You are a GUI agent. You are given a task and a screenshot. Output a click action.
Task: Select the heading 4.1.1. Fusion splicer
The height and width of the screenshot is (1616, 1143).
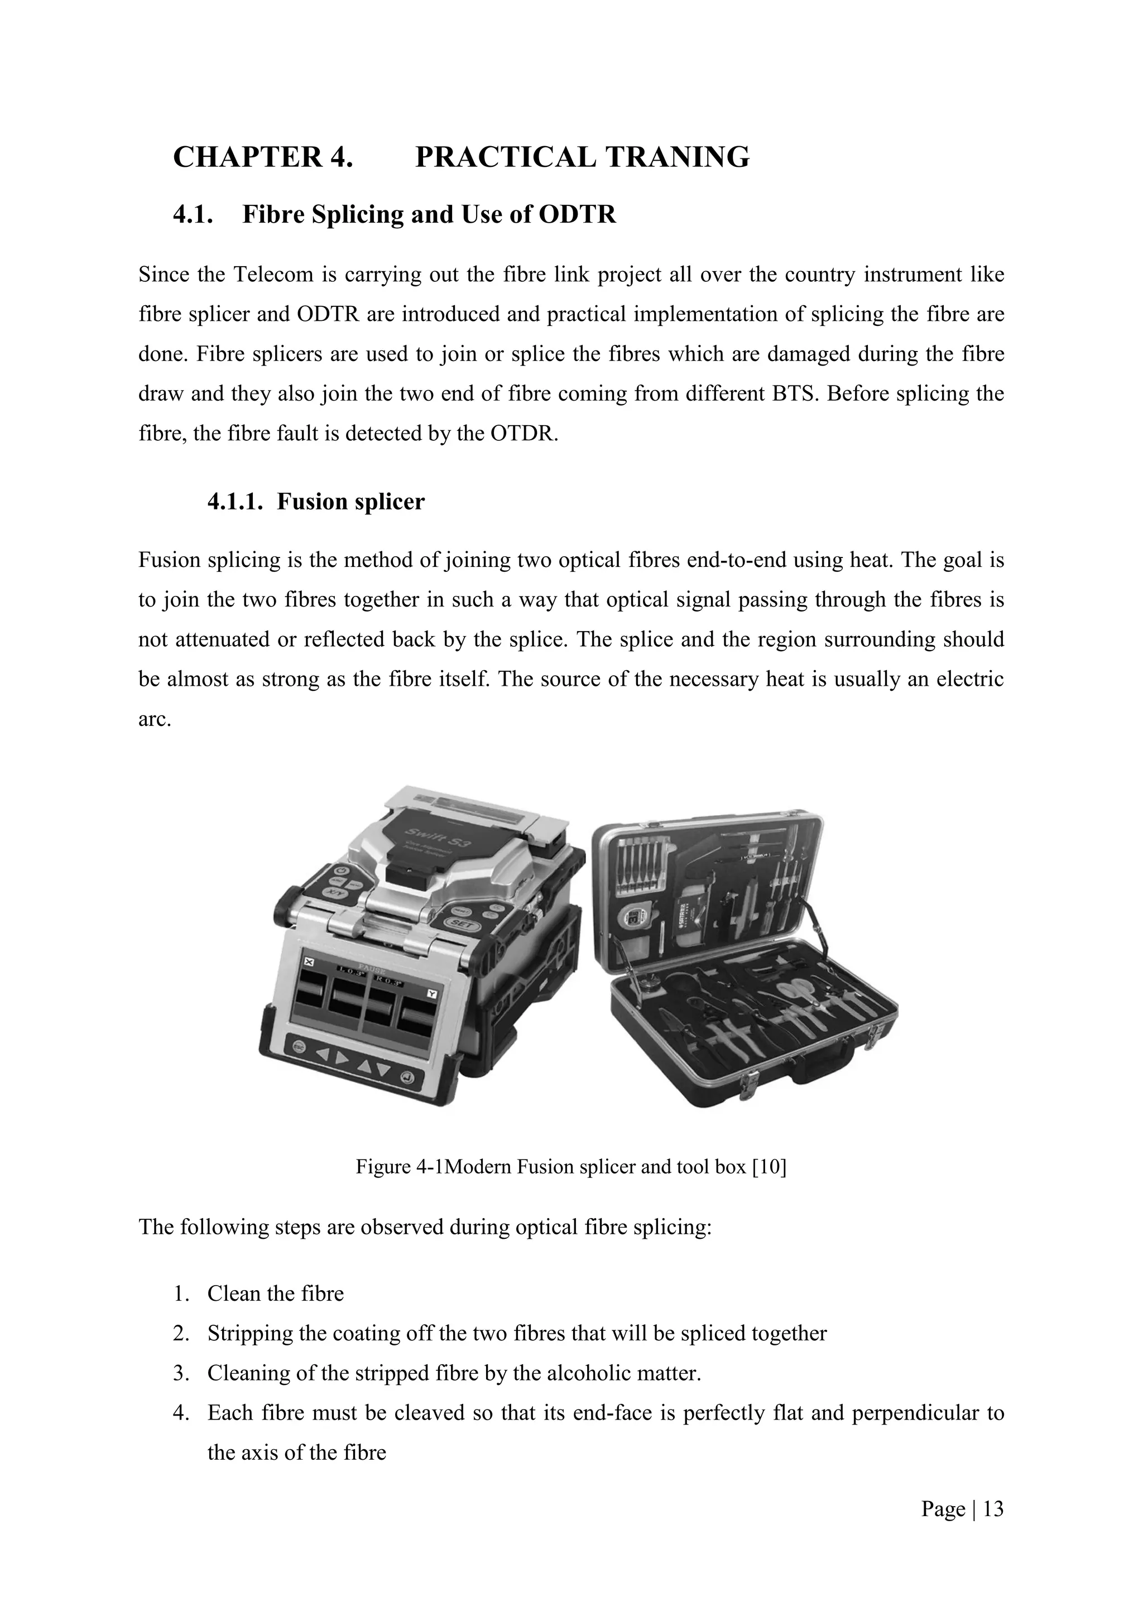click(x=315, y=502)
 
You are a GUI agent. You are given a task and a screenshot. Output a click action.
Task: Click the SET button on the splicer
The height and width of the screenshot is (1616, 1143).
click(x=460, y=924)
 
